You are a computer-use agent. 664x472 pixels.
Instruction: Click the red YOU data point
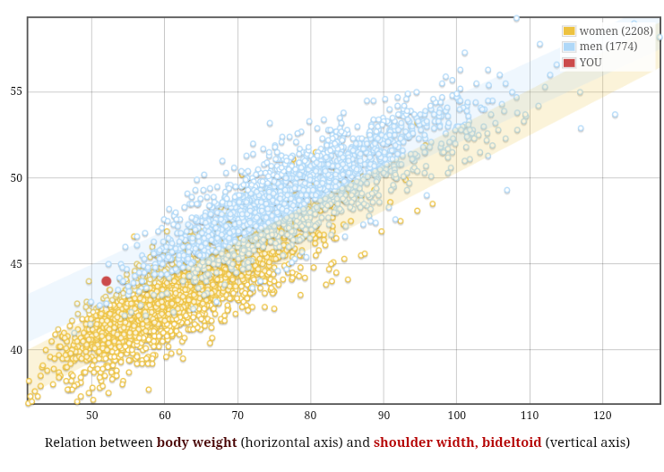click(x=107, y=281)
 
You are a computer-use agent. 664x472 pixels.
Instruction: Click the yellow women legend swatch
click(x=569, y=31)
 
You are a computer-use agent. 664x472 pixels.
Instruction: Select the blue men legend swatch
click(x=569, y=47)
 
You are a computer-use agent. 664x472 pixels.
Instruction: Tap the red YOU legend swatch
click(x=569, y=63)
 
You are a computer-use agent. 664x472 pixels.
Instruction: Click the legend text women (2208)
click(x=616, y=31)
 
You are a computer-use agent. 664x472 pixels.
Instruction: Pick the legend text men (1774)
click(x=608, y=47)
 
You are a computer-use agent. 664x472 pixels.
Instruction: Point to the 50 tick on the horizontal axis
click(x=92, y=416)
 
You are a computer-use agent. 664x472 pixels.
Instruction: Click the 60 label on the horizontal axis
click(x=165, y=416)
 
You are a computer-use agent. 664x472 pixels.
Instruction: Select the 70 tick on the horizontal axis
click(x=238, y=416)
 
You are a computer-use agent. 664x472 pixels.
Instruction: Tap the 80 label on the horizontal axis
click(x=311, y=416)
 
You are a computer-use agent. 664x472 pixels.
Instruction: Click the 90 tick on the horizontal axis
click(x=384, y=416)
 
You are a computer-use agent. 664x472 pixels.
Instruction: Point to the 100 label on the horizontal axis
click(x=457, y=416)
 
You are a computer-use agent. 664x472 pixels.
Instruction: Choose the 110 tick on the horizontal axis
click(x=530, y=416)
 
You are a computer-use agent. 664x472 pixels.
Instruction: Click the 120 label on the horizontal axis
click(x=602, y=416)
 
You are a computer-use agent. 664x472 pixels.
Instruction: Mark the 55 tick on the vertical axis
click(x=16, y=91)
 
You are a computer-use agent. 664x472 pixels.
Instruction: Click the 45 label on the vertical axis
click(x=16, y=263)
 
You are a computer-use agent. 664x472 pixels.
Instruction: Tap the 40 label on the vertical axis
click(x=16, y=349)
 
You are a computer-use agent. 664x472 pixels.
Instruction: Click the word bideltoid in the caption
click(x=512, y=442)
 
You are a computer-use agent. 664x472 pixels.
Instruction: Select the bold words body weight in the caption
click(x=196, y=442)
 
